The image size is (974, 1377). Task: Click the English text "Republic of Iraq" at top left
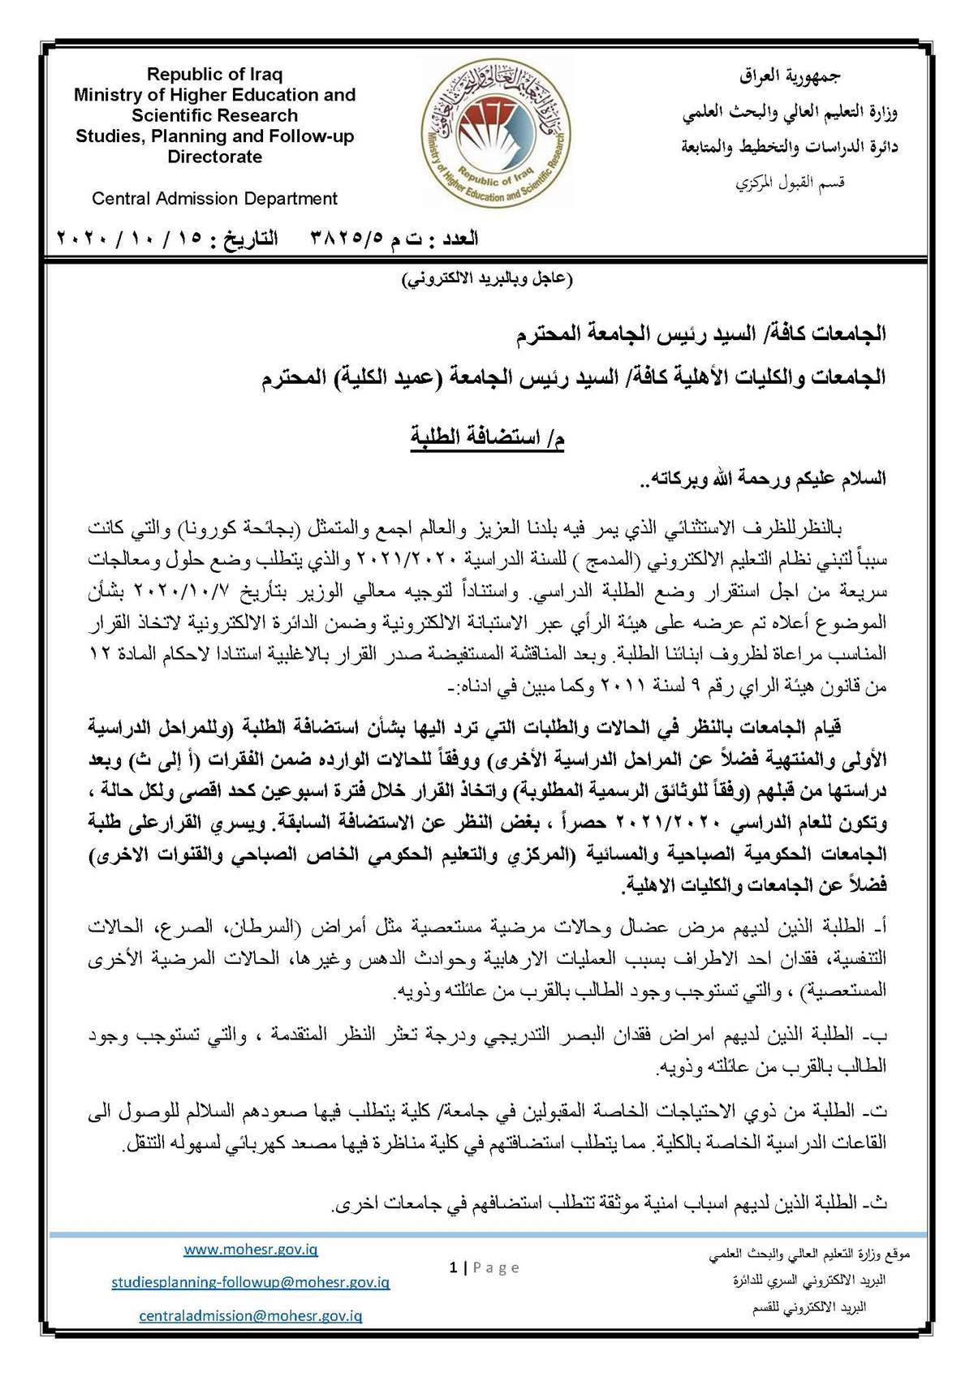click(x=214, y=75)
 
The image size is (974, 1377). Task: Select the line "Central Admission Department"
click(x=214, y=198)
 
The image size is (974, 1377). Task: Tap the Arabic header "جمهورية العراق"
click(x=791, y=76)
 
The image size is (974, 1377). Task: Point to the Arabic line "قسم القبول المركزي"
click(x=791, y=183)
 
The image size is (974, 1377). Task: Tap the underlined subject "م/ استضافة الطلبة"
click(x=486, y=439)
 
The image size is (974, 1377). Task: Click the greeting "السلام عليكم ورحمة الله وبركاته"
click(x=768, y=479)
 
